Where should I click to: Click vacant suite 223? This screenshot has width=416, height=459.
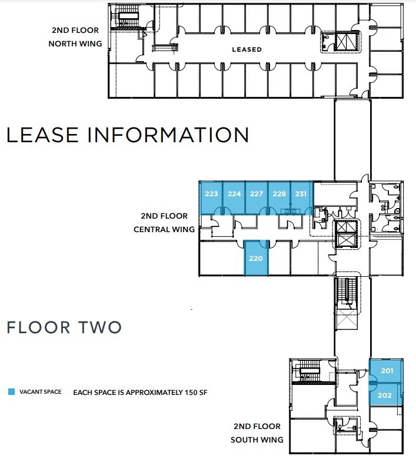click(212, 195)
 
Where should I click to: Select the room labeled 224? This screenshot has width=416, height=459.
click(234, 195)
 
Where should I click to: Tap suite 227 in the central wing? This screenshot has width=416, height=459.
click(257, 195)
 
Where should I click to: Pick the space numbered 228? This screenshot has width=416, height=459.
click(279, 195)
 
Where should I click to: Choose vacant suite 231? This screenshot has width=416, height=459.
click(301, 195)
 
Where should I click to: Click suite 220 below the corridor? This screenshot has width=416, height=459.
click(256, 257)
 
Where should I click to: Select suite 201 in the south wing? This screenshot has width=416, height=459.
click(387, 371)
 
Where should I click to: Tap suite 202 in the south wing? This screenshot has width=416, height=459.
click(384, 396)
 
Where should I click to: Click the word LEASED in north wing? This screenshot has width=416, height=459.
click(247, 49)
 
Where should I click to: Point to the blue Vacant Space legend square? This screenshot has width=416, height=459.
click(11, 392)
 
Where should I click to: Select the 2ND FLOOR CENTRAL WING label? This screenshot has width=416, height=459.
click(165, 223)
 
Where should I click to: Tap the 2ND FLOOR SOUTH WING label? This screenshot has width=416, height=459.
click(258, 433)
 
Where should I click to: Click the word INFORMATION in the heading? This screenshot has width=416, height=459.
click(168, 135)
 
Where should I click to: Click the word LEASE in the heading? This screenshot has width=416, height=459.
click(42, 135)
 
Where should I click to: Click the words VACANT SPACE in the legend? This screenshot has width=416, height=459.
click(40, 392)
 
